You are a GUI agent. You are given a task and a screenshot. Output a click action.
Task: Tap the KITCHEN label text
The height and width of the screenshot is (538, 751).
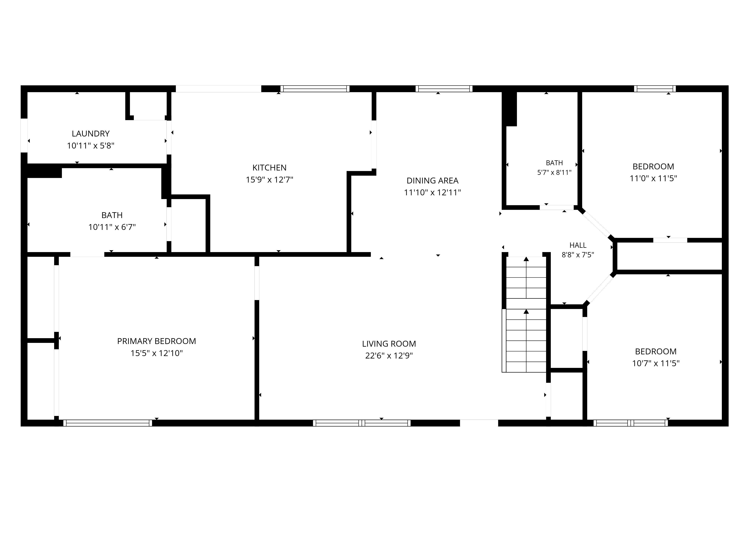[x=269, y=168]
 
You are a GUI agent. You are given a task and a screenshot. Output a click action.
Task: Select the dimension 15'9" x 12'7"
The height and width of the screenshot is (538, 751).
[x=269, y=180]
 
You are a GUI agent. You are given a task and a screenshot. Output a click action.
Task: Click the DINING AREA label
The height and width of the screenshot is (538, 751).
[x=432, y=181]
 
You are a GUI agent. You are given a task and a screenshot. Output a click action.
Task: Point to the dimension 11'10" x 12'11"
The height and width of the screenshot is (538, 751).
[x=432, y=192]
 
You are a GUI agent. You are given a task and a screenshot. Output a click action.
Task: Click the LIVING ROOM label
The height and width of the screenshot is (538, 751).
[x=389, y=344]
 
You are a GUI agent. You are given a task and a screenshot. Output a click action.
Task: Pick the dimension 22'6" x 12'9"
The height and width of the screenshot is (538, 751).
[x=389, y=356]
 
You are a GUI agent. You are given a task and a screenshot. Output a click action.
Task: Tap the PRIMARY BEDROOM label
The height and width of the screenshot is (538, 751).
[x=157, y=341]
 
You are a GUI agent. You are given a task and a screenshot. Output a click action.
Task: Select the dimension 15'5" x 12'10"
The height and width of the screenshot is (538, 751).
[x=157, y=353]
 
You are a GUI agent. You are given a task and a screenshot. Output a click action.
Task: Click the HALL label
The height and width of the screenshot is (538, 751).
[x=578, y=245]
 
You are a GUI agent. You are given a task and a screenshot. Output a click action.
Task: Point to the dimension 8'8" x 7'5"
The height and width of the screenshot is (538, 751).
[x=578, y=255]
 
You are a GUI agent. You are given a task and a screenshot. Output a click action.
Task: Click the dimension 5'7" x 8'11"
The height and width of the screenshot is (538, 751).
[x=554, y=172]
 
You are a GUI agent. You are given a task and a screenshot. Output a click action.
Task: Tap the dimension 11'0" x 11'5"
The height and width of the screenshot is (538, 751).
[x=653, y=178]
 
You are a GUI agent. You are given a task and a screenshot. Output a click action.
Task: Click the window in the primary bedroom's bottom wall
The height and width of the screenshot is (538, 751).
[x=108, y=423]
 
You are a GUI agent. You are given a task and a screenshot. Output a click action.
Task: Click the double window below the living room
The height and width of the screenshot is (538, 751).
[x=362, y=423]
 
